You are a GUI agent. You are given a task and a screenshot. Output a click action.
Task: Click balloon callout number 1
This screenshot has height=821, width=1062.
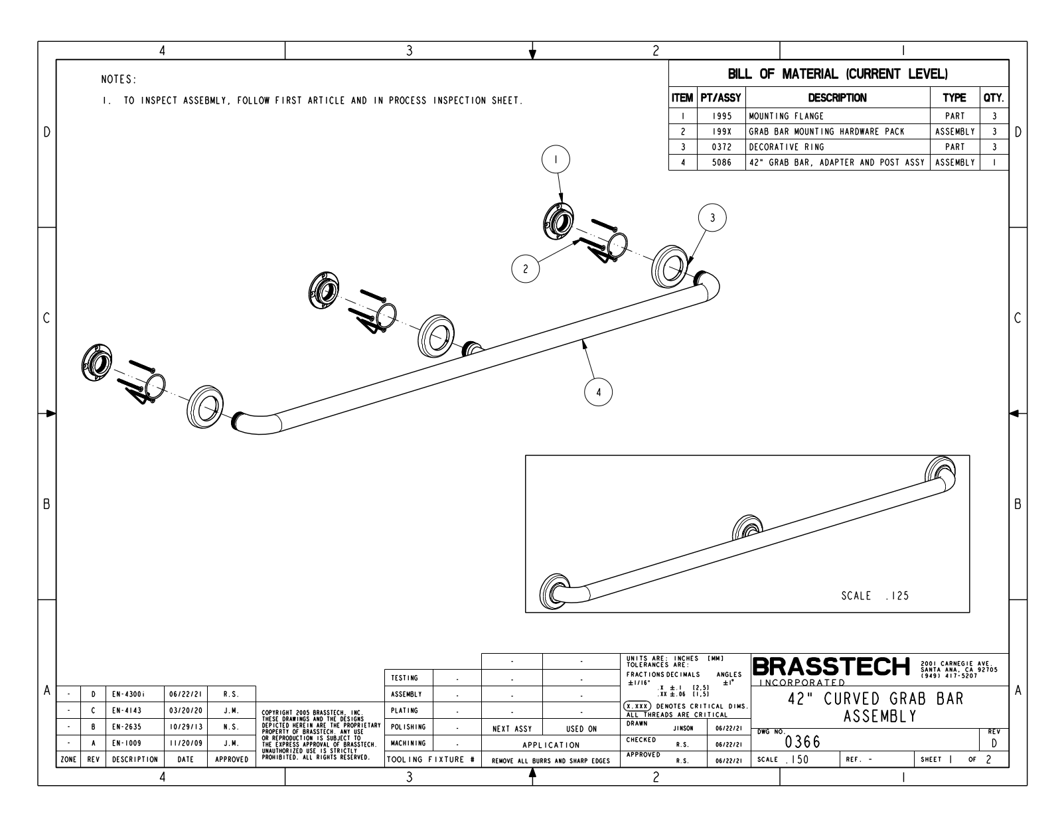556,159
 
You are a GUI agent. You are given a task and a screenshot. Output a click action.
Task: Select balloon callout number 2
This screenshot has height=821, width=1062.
526,269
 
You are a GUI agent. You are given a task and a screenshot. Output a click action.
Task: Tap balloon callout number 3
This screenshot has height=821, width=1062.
712,218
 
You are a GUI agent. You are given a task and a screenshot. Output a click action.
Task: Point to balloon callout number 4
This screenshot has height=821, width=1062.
598,392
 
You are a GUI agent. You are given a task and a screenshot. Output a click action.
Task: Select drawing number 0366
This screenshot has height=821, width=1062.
802,742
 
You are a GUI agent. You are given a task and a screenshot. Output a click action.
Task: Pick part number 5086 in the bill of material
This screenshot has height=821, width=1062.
721,163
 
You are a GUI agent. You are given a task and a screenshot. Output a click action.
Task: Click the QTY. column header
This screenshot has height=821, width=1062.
994,98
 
